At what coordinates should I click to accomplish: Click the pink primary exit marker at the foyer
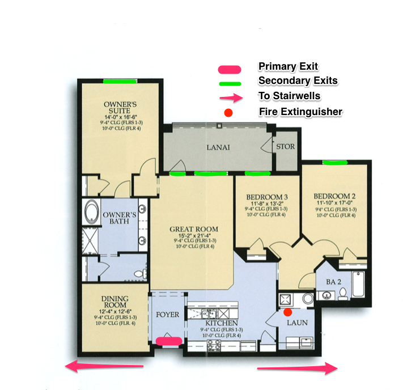point(169,341)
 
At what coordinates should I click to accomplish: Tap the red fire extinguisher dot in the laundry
point(287,312)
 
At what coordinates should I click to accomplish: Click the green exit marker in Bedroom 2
point(334,162)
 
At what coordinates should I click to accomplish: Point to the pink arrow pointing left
point(105,367)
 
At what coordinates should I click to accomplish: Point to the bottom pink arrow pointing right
point(298,370)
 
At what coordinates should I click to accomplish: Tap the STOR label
point(285,146)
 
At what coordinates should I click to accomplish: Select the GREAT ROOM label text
point(194,230)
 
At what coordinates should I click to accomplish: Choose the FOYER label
point(167,315)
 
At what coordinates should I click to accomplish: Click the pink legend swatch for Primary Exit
point(230,69)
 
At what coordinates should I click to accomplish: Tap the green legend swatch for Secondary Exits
point(230,83)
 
